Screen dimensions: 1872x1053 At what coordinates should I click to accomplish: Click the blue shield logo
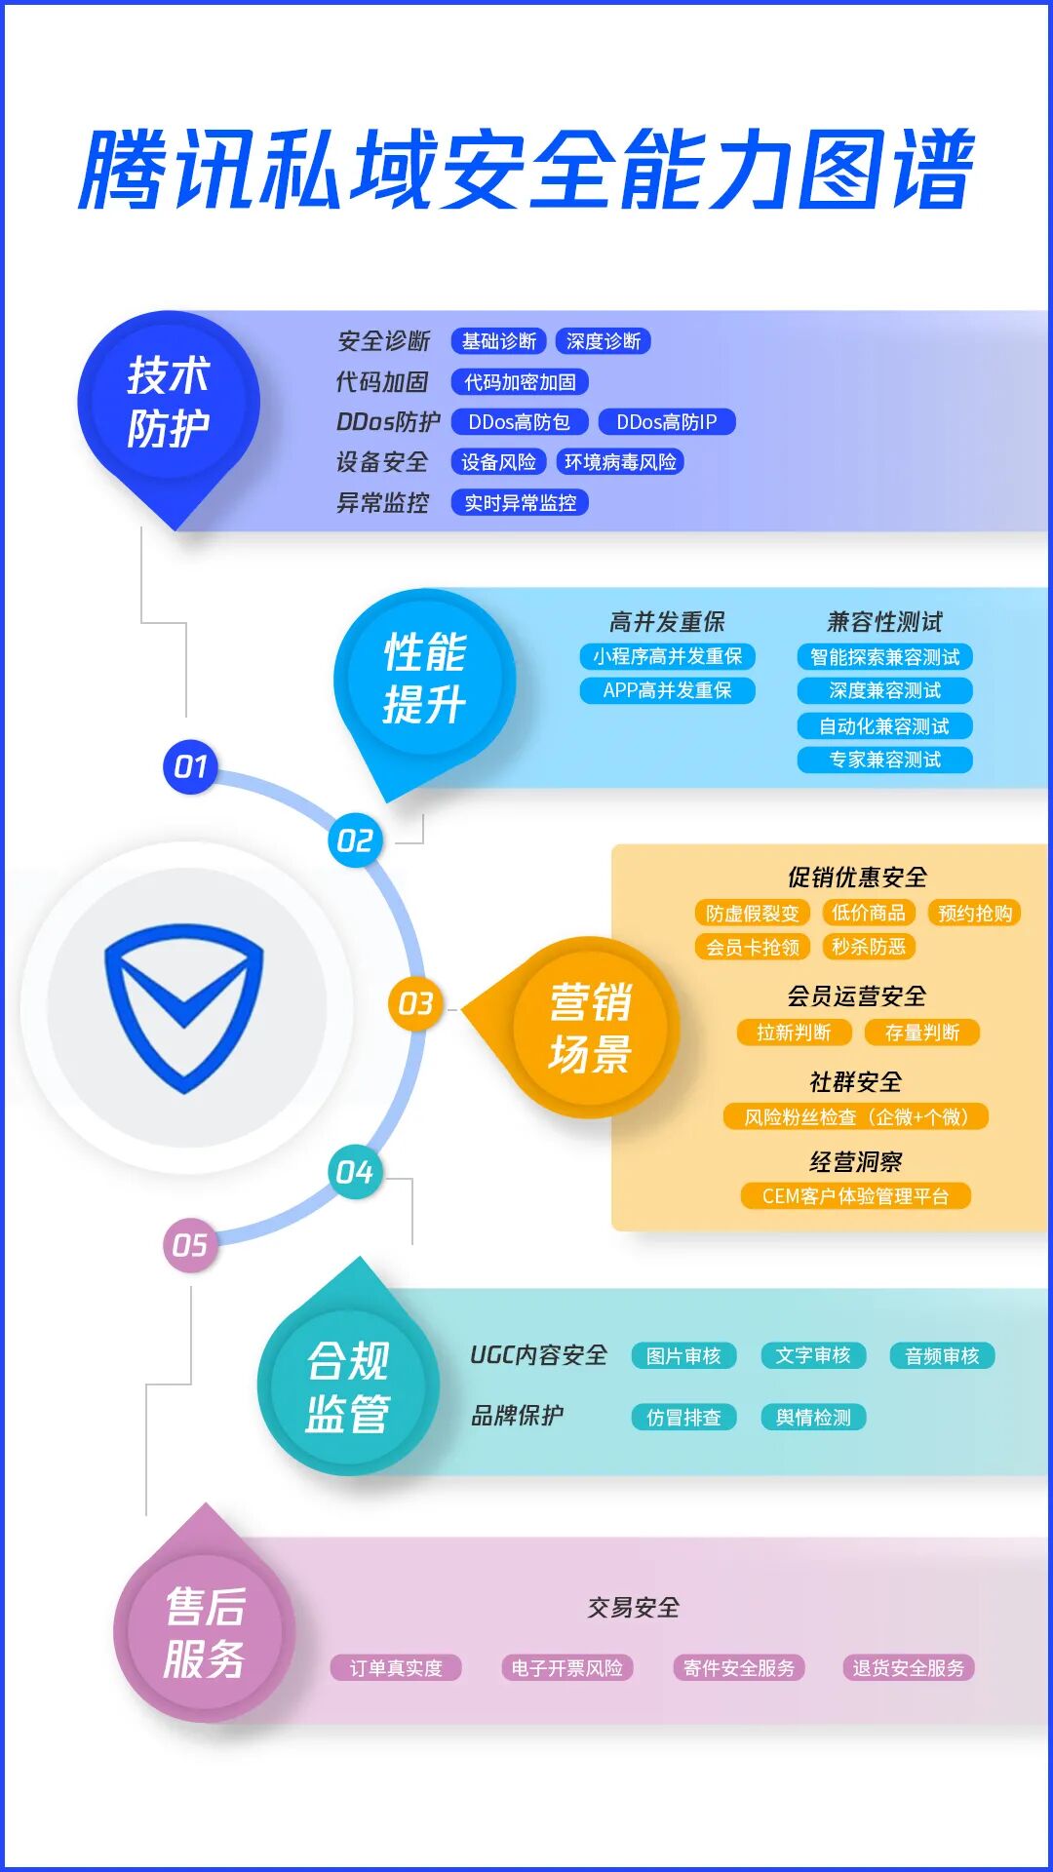pos(183,1007)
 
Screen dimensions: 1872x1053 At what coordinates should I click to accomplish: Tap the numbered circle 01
pos(190,767)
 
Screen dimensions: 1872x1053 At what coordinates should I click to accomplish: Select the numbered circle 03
pos(415,1003)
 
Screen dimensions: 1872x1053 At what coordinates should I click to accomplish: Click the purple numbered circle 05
pos(190,1245)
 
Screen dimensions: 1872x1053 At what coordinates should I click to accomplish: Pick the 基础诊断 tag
pos(498,341)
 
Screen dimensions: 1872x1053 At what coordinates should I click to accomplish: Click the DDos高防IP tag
pos(667,422)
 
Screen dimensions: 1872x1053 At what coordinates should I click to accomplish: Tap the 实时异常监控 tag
pos(520,503)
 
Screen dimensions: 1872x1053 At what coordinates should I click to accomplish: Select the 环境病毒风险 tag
pos(620,462)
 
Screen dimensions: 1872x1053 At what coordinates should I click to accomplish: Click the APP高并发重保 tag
pos(667,690)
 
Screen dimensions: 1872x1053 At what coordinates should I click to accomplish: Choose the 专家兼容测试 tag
pos(884,760)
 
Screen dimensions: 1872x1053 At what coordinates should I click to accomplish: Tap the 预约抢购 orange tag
pos(974,913)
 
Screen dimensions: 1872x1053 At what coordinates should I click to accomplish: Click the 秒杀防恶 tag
pos(869,947)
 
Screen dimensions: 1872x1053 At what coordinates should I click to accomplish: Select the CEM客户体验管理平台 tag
pos(855,1196)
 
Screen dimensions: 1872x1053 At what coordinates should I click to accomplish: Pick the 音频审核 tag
pos(942,1356)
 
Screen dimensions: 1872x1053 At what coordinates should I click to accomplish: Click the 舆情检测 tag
pos(813,1418)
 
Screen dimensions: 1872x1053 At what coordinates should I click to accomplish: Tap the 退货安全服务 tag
pos(908,1668)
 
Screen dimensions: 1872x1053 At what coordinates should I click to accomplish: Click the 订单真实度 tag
pos(396,1668)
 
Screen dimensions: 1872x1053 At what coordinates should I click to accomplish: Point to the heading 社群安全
pos(855,1082)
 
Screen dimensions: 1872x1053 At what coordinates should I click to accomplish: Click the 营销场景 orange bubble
pos(590,1029)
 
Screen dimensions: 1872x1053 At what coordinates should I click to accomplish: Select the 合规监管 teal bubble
pos(348,1386)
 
